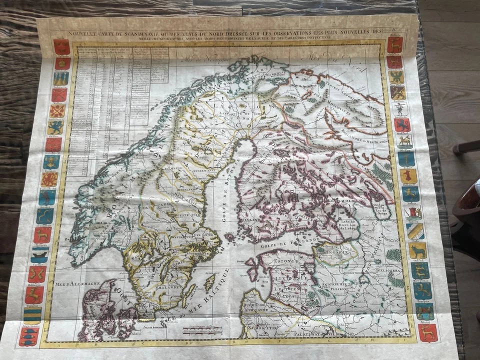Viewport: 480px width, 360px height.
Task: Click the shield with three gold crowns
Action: tap(61, 78)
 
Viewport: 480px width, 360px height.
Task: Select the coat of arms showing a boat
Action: tap(40, 254)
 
